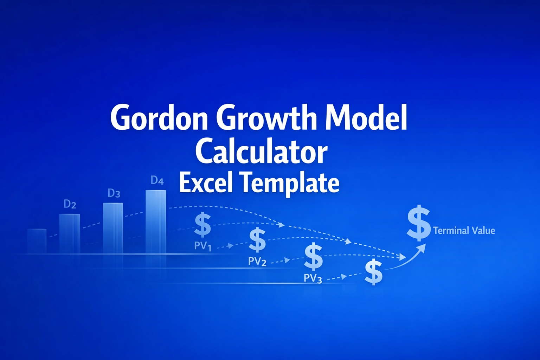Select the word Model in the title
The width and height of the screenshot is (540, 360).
[366, 117]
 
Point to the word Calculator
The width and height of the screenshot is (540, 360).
[261, 152]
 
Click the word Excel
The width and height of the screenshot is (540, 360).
[206, 182]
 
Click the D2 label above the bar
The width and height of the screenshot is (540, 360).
[70, 204]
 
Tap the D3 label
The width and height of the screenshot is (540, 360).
[114, 193]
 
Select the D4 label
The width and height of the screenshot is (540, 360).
[157, 180]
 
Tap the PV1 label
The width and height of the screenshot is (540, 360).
[202, 246]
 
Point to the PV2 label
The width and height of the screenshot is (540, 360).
[257, 261]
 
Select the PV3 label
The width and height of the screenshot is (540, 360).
[313, 278]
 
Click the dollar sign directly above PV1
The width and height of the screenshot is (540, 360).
[203, 225]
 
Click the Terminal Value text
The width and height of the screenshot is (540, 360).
[464, 231]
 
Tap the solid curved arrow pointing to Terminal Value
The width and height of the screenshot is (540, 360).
[408, 260]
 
